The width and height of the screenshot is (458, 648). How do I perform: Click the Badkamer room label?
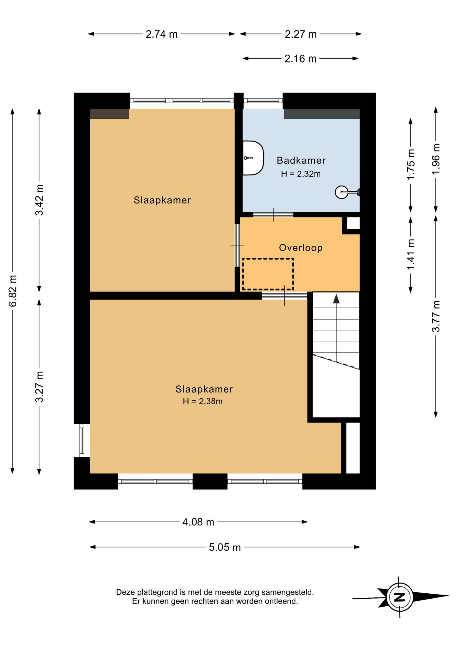(301, 160)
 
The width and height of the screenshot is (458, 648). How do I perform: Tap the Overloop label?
(301, 248)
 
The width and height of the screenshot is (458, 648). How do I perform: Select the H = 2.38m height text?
(203, 401)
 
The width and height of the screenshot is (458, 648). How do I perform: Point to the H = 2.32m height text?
(301, 174)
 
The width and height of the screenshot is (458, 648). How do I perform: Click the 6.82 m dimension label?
(12, 291)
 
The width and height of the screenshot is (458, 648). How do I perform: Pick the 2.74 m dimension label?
(162, 34)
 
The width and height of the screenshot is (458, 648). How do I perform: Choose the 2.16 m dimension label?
(300, 59)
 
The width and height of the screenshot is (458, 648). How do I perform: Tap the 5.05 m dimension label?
(225, 547)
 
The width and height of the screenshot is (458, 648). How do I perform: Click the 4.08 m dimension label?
(198, 522)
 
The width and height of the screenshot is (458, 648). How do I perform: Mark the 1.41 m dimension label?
(410, 254)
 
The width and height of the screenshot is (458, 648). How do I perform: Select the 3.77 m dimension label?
(436, 316)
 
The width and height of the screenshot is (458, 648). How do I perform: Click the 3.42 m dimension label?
(39, 200)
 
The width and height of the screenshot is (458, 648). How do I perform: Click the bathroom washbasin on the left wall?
(253, 158)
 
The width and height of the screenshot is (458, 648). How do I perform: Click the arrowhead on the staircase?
(336, 299)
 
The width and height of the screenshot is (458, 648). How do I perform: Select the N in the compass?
(400, 597)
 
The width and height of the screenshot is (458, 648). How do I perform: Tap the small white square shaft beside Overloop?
(353, 223)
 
